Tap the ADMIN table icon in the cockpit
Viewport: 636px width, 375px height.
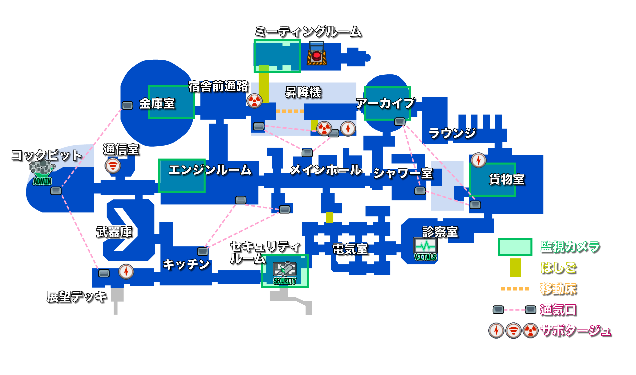[42, 173]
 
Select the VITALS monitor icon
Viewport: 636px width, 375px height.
[425, 249]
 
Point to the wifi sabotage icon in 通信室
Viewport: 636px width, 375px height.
[113, 166]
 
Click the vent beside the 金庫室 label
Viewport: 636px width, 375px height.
[127, 105]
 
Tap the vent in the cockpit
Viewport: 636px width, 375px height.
[56, 191]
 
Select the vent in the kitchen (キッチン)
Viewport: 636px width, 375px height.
[203, 251]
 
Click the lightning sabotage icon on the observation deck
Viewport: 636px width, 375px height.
[126, 272]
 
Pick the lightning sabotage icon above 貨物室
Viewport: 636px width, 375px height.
[478, 160]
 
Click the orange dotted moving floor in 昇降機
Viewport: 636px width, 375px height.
[290, 111]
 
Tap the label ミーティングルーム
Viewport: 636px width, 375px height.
[308, 32]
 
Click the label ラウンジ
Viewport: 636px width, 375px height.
[452, 133]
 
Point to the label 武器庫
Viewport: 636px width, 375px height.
[114, 232]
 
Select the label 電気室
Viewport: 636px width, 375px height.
[350, 249]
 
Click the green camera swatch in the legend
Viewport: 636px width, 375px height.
[515, 247]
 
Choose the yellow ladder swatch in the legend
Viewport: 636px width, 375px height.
[515, 268]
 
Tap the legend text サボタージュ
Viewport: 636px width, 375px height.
[575, 331]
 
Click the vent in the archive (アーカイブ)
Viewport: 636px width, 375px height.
[400, 122]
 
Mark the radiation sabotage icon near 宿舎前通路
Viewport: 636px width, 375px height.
[254, 101]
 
